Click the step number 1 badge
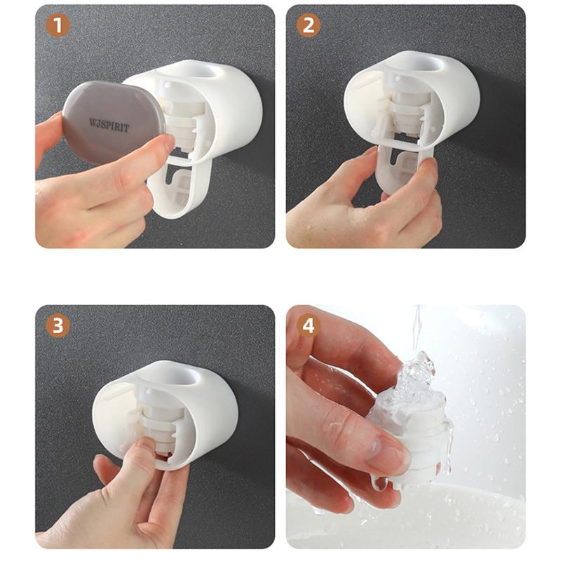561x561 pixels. [58, 25]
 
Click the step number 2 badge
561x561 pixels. [309, 25]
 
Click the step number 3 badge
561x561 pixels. [58, 326]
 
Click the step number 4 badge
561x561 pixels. [309, 326]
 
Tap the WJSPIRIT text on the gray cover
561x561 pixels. [109, 126]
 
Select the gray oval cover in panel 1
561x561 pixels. [114, 122]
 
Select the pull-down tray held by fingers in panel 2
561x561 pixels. [405, 168]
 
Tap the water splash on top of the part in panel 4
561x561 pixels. [416, 379]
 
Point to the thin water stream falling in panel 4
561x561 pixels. [417, 329]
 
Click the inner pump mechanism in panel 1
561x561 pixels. [182, 121]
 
